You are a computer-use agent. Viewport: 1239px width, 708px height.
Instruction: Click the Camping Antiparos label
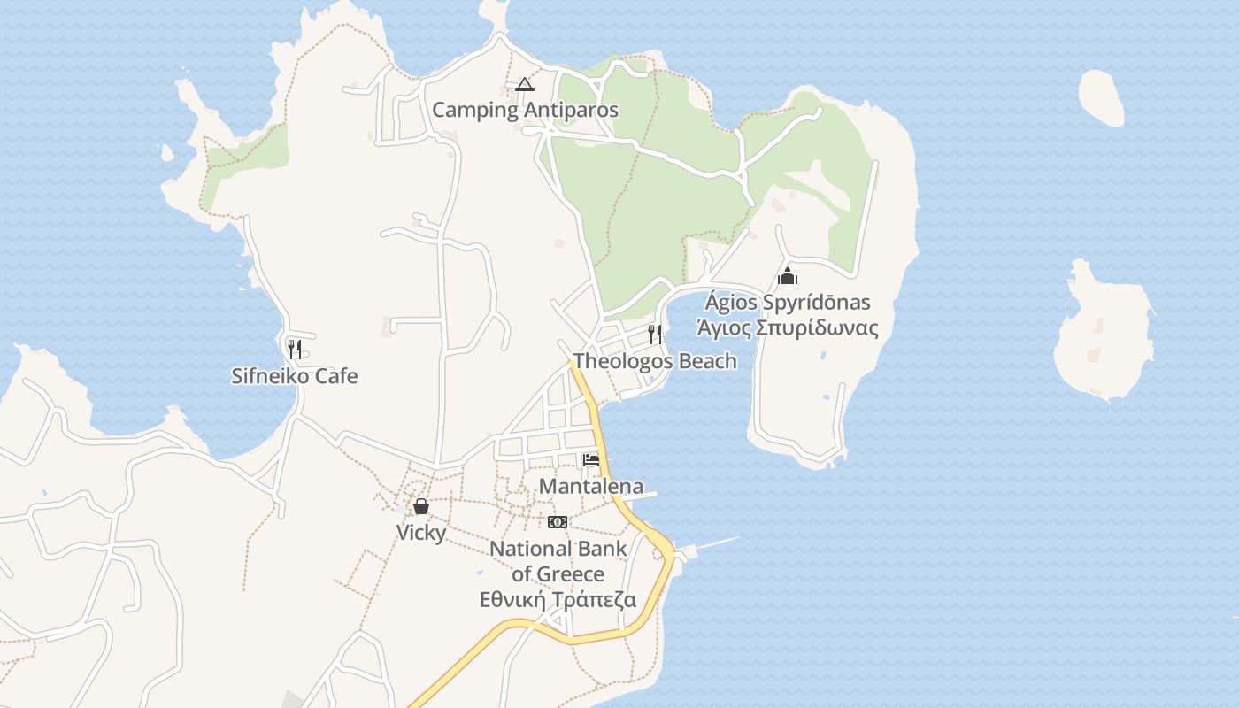click(525, 111)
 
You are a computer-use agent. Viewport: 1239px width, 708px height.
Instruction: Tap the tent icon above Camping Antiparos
click(525, 85)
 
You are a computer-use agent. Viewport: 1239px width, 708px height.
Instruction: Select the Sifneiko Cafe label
click(295, 376)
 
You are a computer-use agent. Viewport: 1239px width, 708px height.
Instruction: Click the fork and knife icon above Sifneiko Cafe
click(295, 349)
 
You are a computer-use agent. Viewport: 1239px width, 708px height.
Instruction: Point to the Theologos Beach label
click(655, 361)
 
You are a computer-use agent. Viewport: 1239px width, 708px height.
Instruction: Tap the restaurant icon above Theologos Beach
click(655, 334)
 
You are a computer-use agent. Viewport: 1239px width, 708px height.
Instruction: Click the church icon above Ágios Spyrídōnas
click(788, 276)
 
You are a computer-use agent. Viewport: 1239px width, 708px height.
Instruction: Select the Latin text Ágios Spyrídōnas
click(788, 303)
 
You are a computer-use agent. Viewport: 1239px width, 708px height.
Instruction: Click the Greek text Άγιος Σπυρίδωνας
click(788, 328)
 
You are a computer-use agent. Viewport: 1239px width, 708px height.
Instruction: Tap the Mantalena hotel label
click(591, 486)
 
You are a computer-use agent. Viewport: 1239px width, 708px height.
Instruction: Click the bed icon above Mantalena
click(591, 459)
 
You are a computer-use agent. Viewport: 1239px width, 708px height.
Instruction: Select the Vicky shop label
click(421, 533)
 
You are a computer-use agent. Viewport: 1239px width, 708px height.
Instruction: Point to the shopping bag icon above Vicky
click(421, 506)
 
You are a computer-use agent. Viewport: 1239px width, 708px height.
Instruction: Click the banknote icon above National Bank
click(558, 522)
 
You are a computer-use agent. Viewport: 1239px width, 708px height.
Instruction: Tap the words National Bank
click(558, 549)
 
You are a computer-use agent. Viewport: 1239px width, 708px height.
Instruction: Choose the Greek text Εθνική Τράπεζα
click(558, 599)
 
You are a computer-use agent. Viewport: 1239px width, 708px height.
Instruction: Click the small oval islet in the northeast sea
click(1101, 96)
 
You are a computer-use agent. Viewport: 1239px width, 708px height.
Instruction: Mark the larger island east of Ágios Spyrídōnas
click(1103, 336)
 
